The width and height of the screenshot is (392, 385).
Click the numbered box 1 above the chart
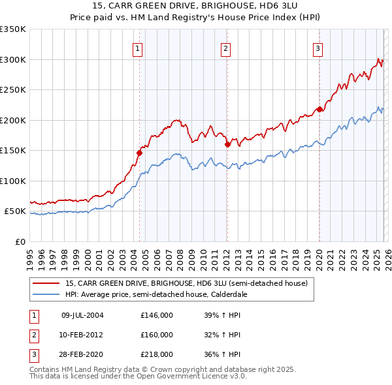point(138,48)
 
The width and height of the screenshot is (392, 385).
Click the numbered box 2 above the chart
point(225,48)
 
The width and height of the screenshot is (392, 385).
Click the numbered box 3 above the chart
point(318,48)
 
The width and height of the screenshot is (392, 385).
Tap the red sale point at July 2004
point(139,153)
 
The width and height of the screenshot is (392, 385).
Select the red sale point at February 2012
point(227,144)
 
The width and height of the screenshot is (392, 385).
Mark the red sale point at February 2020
point(319,109)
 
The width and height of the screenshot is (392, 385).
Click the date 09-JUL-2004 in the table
point(82,315)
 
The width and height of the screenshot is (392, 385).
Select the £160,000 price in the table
point(157,335)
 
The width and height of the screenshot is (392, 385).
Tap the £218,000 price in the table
point(157,354)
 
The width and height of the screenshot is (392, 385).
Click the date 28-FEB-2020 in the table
point(82,354)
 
